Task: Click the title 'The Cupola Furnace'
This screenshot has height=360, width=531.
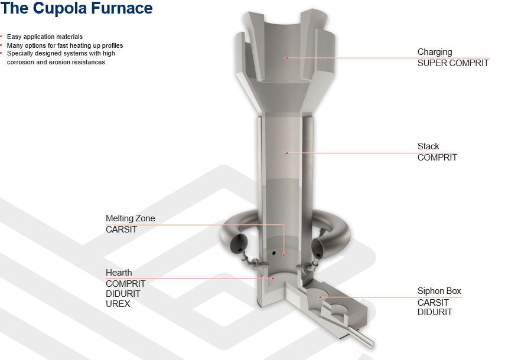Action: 77,8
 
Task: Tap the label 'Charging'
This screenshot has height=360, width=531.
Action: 435,52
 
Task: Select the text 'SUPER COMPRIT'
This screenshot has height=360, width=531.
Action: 453,63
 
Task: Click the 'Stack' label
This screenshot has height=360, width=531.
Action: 428,146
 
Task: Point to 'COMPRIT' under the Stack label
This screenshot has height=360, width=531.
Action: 437,158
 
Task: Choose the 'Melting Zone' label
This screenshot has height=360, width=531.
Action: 131,218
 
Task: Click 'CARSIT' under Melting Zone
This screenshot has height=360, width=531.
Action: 121,230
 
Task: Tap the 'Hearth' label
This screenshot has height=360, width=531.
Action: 119,273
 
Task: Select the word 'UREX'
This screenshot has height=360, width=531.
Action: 118,304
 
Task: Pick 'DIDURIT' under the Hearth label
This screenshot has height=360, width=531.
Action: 123,294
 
